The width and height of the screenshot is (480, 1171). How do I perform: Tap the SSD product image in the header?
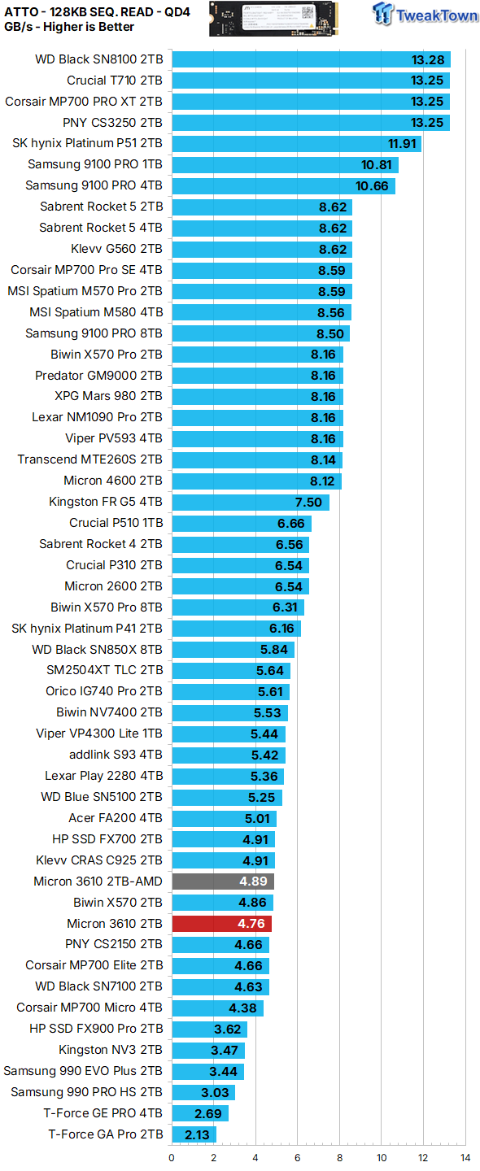coord(277,18)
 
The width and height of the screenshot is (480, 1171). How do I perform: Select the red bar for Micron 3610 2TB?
coord(221,924)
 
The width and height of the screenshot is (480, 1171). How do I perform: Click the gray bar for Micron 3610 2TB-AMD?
coord(222,882)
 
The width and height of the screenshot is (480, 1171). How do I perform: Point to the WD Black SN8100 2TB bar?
coord(311,59)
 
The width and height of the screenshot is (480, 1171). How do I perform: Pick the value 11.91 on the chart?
coord(402,144)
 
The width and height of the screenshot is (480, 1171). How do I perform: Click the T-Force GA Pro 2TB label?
coord(106,1134)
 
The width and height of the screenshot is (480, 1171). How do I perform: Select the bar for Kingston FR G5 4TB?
coord(251,502)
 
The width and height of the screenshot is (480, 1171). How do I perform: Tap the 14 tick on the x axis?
coord(465,1157)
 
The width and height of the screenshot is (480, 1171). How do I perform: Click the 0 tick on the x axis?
coord(172,1157)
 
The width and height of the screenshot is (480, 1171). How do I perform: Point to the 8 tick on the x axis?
coord(339,1157)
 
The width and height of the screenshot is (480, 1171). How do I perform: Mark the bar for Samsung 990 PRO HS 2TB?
coord(203,1092)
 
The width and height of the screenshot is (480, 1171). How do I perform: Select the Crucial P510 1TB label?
coord(116,523)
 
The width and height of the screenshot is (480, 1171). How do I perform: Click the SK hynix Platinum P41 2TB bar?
coord(236,629)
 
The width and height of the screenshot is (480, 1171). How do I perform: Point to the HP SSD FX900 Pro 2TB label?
coord(96,1029)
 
